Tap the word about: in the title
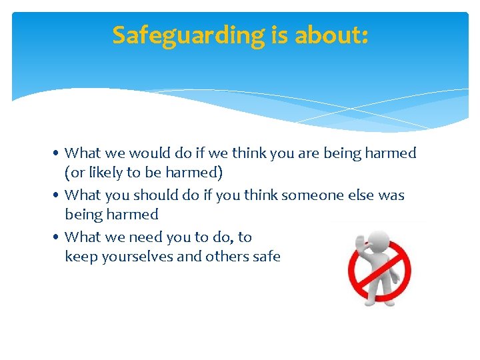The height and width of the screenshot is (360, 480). (x=331, y=35)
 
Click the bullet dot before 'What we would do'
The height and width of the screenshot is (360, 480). (x=59, y=154)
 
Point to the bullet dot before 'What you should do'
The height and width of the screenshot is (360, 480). (x=59, y=196)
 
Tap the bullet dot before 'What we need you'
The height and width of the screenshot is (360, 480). (x=59, y=237)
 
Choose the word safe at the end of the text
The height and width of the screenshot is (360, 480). (x=267, y=256)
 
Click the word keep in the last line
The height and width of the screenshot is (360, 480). (x=79, y=257)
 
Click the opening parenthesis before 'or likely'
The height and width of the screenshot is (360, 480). (x=67, y=173)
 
